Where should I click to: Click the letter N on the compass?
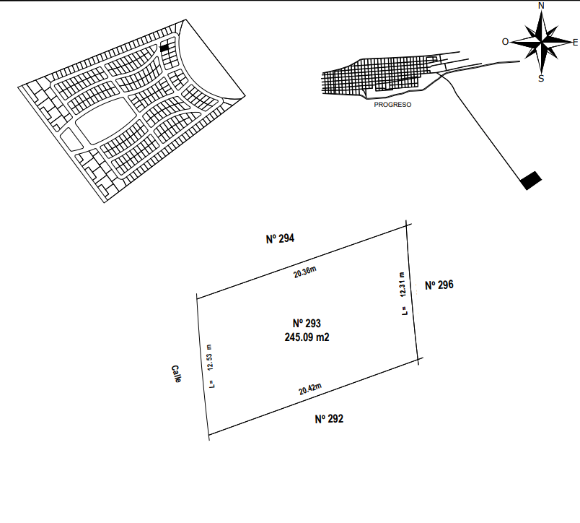click(541, 6)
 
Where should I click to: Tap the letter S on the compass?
click(541, 79)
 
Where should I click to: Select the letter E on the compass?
click(575, 43)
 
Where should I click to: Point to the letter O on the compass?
click(505, 42)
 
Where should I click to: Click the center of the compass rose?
click(542, 43)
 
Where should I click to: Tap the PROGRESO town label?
click(392, 105)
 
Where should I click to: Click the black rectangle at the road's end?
click(531, 181)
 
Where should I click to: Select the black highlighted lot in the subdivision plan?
click(164, 48)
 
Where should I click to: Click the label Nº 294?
click(280, 238)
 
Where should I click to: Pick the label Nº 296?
click(439, 285)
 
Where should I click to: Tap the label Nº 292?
click(329, 419)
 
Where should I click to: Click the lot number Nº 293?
click(307, 324)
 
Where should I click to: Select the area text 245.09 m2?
click(307, 337)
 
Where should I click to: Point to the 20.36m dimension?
click(305, 272)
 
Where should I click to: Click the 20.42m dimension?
click(310, 389)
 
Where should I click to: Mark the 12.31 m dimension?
click(403, 285)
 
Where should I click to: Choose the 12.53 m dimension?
click(210, 358)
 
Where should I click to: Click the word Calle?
click(176, 373)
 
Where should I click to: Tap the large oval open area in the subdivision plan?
click(105, 121)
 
